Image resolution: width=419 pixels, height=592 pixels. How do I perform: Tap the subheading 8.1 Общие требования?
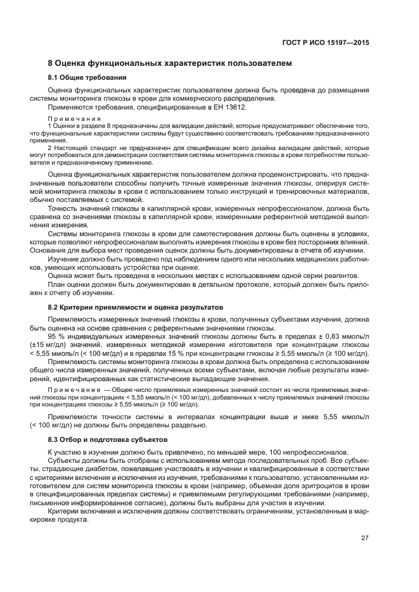[x=87, y=78]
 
